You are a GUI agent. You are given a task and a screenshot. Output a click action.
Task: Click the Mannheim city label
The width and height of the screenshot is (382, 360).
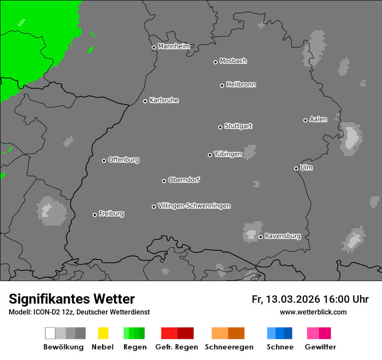coord(174,46)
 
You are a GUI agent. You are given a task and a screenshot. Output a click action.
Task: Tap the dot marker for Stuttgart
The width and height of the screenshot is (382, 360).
coord(220,127)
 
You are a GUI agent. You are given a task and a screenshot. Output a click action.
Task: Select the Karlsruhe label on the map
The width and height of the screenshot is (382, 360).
coord(164,100)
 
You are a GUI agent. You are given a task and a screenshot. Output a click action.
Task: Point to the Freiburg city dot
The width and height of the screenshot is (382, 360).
coord(95,215)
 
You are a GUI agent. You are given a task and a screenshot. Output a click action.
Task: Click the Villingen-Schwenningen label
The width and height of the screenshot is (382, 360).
coord(194,206)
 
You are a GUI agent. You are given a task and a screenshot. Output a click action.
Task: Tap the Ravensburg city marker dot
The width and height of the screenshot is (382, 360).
coord(260,237)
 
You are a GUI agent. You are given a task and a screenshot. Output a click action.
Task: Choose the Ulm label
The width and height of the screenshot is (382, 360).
coord(306,167)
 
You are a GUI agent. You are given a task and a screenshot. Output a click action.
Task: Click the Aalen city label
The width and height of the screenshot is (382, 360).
coord(318,119)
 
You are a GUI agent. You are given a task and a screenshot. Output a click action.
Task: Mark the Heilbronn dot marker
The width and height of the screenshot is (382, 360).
coord(222,85)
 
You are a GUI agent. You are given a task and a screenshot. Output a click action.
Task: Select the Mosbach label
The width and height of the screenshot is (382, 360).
coord(233,61)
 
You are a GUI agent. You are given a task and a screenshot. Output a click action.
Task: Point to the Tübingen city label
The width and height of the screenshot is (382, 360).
coord(228,154)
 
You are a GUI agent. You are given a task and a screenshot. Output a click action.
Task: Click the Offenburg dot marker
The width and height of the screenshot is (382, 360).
coord(104,160)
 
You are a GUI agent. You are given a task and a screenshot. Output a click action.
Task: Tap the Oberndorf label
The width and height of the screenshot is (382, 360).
coord(184,180)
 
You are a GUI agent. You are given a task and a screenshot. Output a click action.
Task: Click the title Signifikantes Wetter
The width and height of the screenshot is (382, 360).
coord(72,299)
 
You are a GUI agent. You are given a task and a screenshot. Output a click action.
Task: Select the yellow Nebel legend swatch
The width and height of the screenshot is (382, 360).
coord(103,333)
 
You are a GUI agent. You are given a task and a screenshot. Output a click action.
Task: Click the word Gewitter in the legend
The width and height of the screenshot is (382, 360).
coord(320,347)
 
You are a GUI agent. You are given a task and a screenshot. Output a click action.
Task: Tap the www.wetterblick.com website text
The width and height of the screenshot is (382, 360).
coord(313,312)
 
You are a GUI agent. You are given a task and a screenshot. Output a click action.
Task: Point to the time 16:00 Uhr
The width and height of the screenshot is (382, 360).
coord(346,299)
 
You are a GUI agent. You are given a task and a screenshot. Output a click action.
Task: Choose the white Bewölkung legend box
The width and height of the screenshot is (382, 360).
coord(50,333)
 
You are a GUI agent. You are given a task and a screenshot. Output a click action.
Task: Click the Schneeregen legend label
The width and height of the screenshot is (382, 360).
coord(229,347)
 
